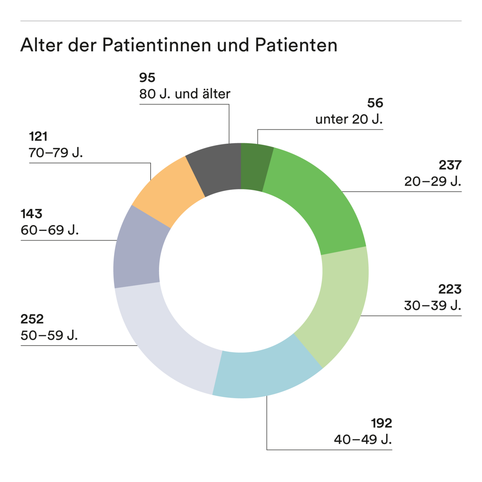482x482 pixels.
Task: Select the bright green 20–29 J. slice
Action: click(317, 201)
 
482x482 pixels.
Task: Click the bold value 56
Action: click(375, 103)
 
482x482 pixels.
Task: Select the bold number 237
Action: click(450, 165)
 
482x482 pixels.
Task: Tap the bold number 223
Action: click(450, 289)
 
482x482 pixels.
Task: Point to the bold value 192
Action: click(381, 423)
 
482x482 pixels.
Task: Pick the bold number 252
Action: click(32, 319)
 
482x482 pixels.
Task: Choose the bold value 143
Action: click(31, 214)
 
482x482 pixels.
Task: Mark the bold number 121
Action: click(38, 137)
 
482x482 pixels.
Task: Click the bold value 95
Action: click(147, 77)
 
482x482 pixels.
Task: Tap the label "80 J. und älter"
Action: click(185, 94)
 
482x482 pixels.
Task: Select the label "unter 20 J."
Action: click(349, 120)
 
